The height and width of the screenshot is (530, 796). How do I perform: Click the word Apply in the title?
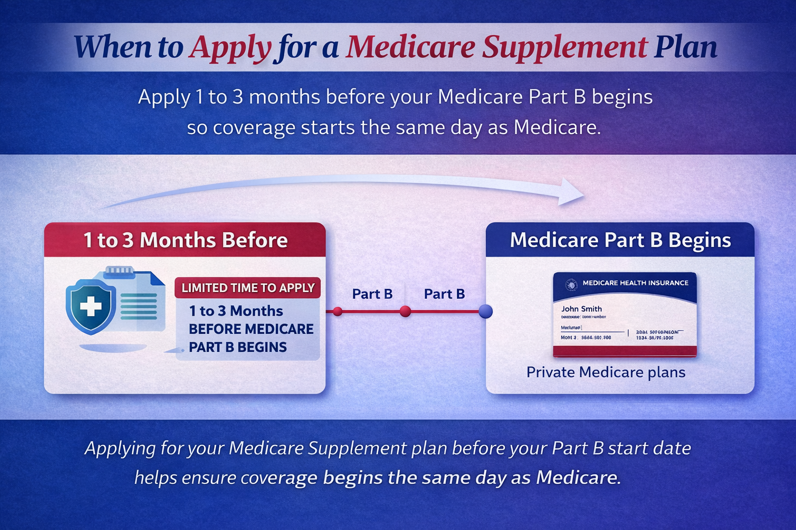coord(230,48)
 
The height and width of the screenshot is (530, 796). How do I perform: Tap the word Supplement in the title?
coord(564,48)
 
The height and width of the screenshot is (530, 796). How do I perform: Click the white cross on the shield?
coord(91,306)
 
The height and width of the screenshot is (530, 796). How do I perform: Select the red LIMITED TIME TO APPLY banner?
coord(248,288)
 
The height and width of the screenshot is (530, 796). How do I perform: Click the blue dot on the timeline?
coord(486,311)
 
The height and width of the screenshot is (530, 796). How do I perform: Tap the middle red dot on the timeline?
coord(405,311)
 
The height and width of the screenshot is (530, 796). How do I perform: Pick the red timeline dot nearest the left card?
coord(337,311)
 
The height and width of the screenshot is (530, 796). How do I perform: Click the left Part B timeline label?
coord(372,294)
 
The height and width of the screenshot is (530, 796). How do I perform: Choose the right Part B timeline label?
coord(444,294)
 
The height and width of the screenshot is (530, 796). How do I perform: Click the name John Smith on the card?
coord(581,309)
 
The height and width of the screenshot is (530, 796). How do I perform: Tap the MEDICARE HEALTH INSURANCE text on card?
coord(635,283)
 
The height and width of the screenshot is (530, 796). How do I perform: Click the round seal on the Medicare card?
coord(571,284)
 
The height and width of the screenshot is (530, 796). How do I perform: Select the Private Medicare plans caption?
coord(606,372)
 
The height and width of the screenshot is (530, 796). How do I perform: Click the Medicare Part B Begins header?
coord(620,240)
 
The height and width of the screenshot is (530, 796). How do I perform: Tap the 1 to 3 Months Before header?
coord(185,240)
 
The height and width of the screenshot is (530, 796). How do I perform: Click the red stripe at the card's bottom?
coord(624,351)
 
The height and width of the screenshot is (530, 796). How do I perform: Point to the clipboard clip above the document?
coord(120,271)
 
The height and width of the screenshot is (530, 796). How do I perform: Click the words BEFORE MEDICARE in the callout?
coord(251,329)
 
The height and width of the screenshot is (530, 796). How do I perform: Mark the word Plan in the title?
coord(685,48)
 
